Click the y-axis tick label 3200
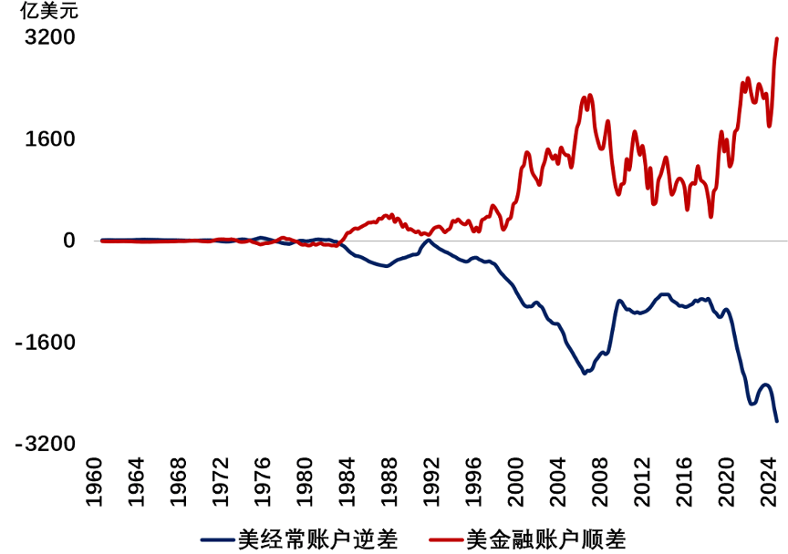click(x=49, y=38)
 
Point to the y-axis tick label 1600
click(x=49, y=139)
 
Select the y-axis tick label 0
click(x=67, y=241)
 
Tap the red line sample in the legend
click(x=436, y=539)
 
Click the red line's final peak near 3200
click(x=776, y=39)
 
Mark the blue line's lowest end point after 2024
click(x=776, y=420)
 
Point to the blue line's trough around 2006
click(x=584, y=373)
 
